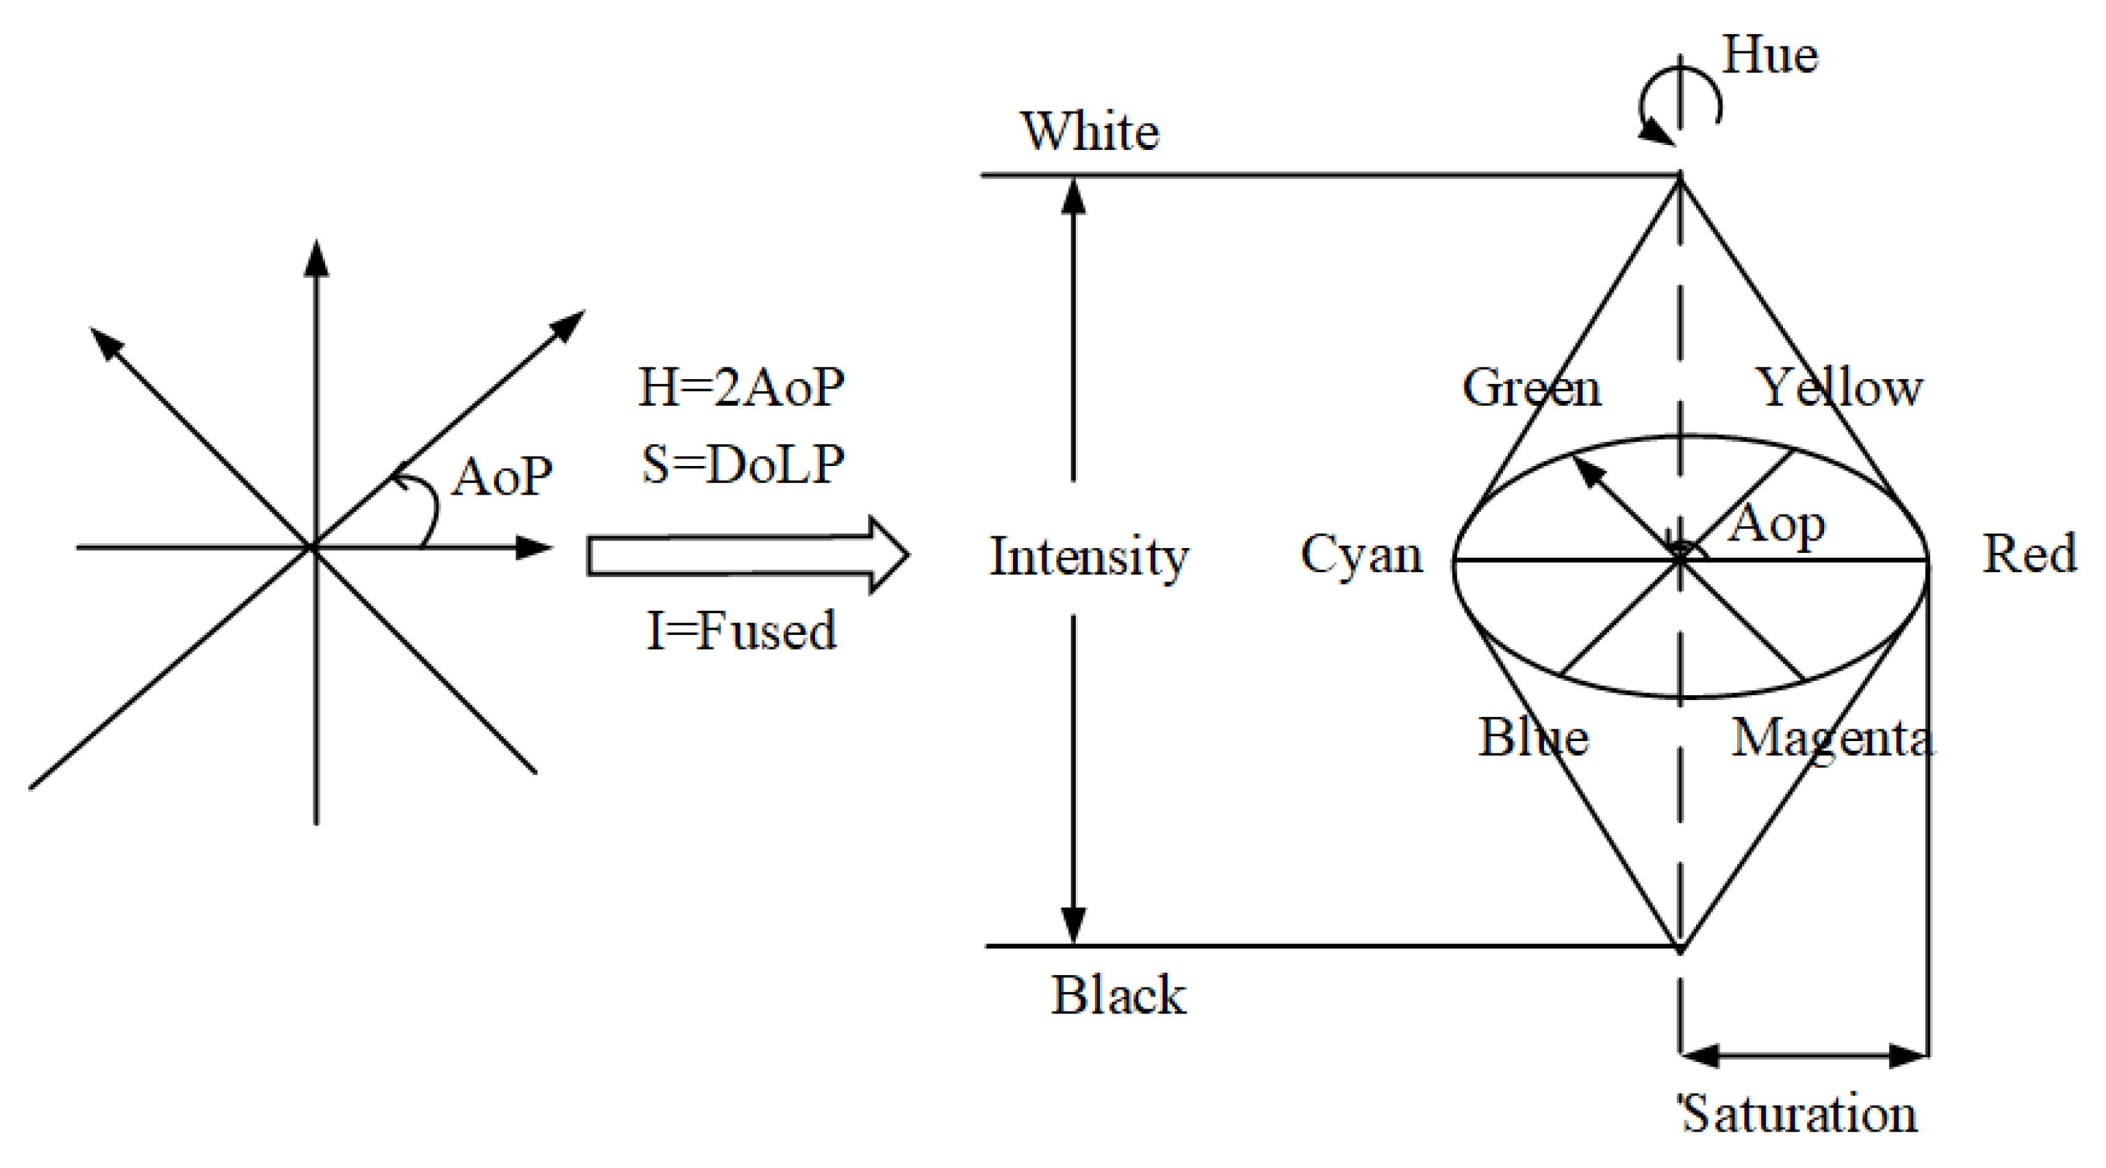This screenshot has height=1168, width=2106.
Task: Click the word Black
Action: coord(1118,995)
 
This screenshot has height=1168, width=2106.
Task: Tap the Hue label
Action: coord(1770,55)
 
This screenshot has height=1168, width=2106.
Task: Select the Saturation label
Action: coord(1798,1113)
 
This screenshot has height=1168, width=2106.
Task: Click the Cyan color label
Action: coord(1361,555)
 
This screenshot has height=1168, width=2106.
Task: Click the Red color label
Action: coord(2029,554)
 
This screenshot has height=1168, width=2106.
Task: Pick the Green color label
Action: coord(1530,387)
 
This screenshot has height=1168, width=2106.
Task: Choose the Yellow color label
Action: coord(1840,387)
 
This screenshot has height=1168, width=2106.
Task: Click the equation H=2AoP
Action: coord(741,387)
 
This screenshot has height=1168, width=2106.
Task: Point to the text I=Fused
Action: coord(741,631)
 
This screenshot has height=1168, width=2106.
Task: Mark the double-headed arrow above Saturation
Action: coord(1803,1055)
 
